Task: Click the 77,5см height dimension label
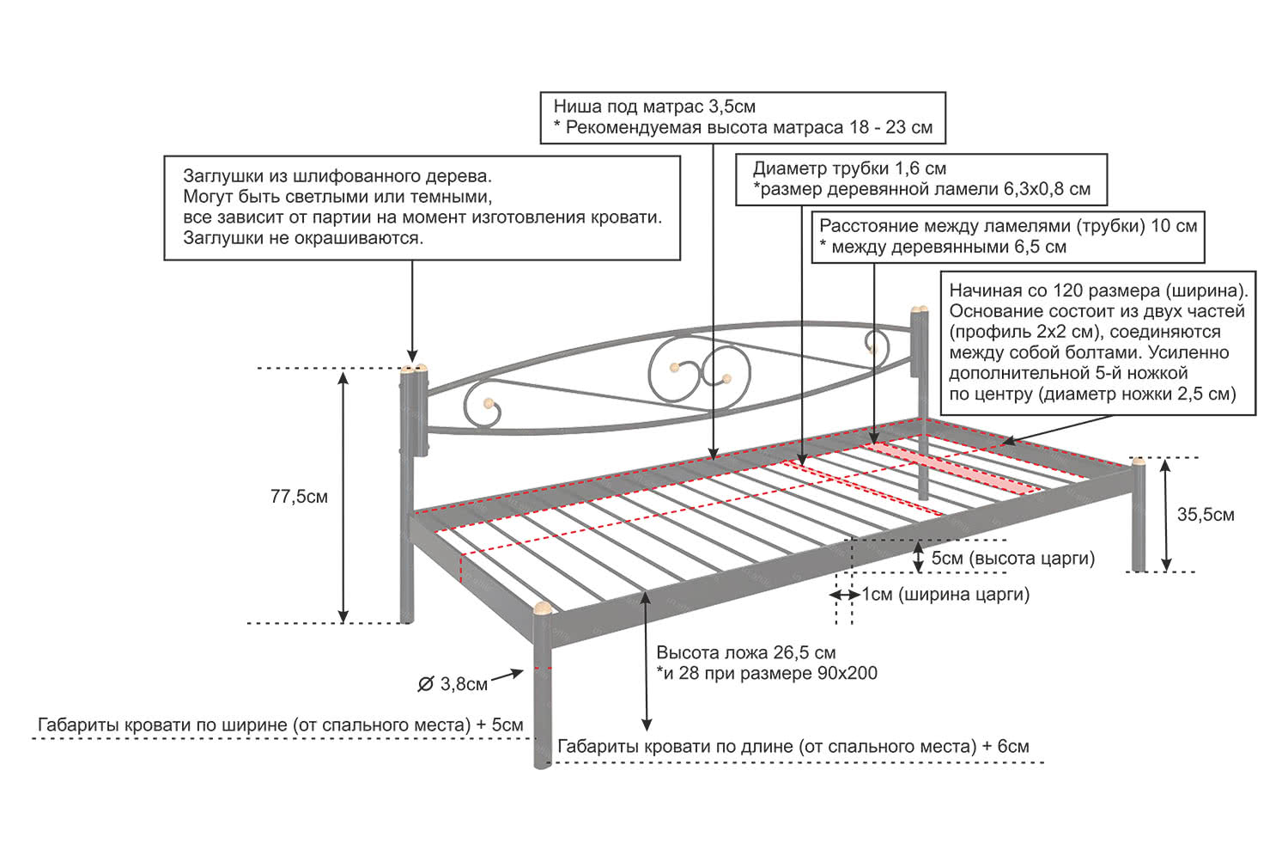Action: (299, 497)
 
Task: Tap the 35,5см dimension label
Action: (1205, 515)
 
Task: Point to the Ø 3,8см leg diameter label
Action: (453, 684)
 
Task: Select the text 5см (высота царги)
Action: (1012, 559)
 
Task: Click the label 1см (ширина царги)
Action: (945, 594)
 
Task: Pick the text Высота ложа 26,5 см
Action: (745, 652)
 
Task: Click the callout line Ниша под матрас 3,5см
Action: (654, 107)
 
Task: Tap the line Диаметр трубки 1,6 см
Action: (849, 168)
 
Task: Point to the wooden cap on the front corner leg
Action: (543, 609)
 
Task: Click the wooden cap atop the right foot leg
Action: (1139, 462)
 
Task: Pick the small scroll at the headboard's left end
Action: (483, 406)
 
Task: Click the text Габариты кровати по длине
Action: (678, 746)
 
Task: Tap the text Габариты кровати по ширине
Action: (162, 725)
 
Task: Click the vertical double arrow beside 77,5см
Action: (343, 496)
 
